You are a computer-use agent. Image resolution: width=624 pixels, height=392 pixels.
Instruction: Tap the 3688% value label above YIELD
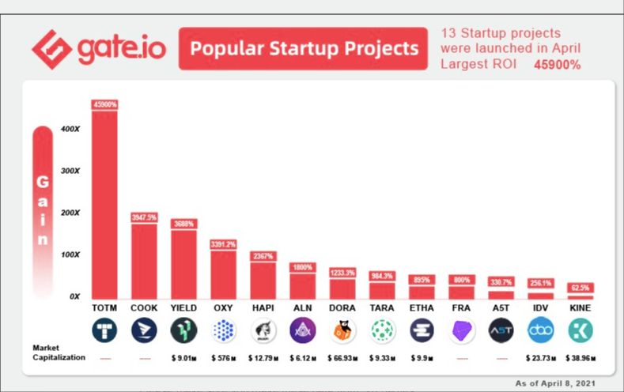pyautogui.click(x=183, y=224)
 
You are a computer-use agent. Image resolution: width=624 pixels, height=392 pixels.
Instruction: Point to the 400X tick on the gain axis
pyautogui.click(x=70, y=129)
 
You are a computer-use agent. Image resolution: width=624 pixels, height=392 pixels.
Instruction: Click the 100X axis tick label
pyautogui.click(x=70, y=255)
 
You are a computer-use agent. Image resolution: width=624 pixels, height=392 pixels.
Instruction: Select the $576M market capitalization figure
pyautogui.click(x=223, y=358)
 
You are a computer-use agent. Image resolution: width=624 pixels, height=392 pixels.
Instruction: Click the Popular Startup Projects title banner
pyautogui.click(x=304, y=49)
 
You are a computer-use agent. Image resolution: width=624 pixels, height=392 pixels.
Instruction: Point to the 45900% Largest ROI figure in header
pyautogui.click(x=557, y=65)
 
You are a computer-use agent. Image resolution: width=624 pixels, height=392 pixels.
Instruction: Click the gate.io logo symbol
pyautogui.click(x=51, y=49)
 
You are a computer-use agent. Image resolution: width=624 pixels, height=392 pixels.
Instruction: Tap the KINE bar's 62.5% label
pyautogui.click(x=580, y=288)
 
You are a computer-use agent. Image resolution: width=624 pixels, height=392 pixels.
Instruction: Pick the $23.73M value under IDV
pyautogui.click(x=540, y=358)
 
